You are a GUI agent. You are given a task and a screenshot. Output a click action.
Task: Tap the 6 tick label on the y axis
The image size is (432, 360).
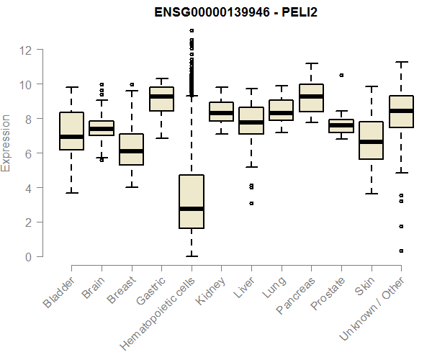(x=27, y=153)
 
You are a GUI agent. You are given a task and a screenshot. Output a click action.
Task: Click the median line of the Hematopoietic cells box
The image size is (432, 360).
(x=191, y=209)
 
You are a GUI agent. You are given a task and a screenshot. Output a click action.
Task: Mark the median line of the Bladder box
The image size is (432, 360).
(x=71, y=137)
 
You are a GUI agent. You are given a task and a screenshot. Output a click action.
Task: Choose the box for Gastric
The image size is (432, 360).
(x=161, y=99)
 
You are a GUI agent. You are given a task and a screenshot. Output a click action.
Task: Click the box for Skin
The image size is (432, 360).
(x=371, y=140)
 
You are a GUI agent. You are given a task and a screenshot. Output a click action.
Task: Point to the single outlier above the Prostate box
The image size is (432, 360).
(x=341, y=75)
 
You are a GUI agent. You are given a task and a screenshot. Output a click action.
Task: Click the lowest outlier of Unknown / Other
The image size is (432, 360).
(x=401, y=251)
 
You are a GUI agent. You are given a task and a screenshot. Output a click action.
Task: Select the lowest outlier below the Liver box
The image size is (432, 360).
(x=251, y=204)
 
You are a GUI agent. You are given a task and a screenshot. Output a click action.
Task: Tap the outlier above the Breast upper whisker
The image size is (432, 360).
(x=132, y=84)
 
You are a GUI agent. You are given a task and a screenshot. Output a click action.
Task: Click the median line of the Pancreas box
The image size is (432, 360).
(x=311, y=96)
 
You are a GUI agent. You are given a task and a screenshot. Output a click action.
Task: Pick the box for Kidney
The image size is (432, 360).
(x=221, y=112)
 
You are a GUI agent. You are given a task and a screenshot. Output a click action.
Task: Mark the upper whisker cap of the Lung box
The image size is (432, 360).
(x=281, y=86)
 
